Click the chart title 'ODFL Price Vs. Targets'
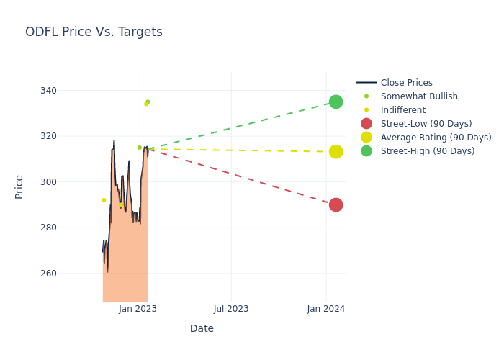(94, 32)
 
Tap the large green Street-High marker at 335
(336, 102)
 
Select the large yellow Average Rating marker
(336, 152)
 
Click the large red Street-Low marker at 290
(336, 204)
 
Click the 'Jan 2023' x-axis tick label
(138, 309)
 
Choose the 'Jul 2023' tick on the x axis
(231, 309)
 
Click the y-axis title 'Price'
(19, 186)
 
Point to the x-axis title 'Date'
(202, 329)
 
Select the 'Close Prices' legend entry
(406, 83)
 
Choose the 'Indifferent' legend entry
(402, 110)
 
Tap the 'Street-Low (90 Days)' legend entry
(426, 124)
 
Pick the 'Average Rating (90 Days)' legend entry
(436, 138)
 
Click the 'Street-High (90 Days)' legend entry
(428, 151)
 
